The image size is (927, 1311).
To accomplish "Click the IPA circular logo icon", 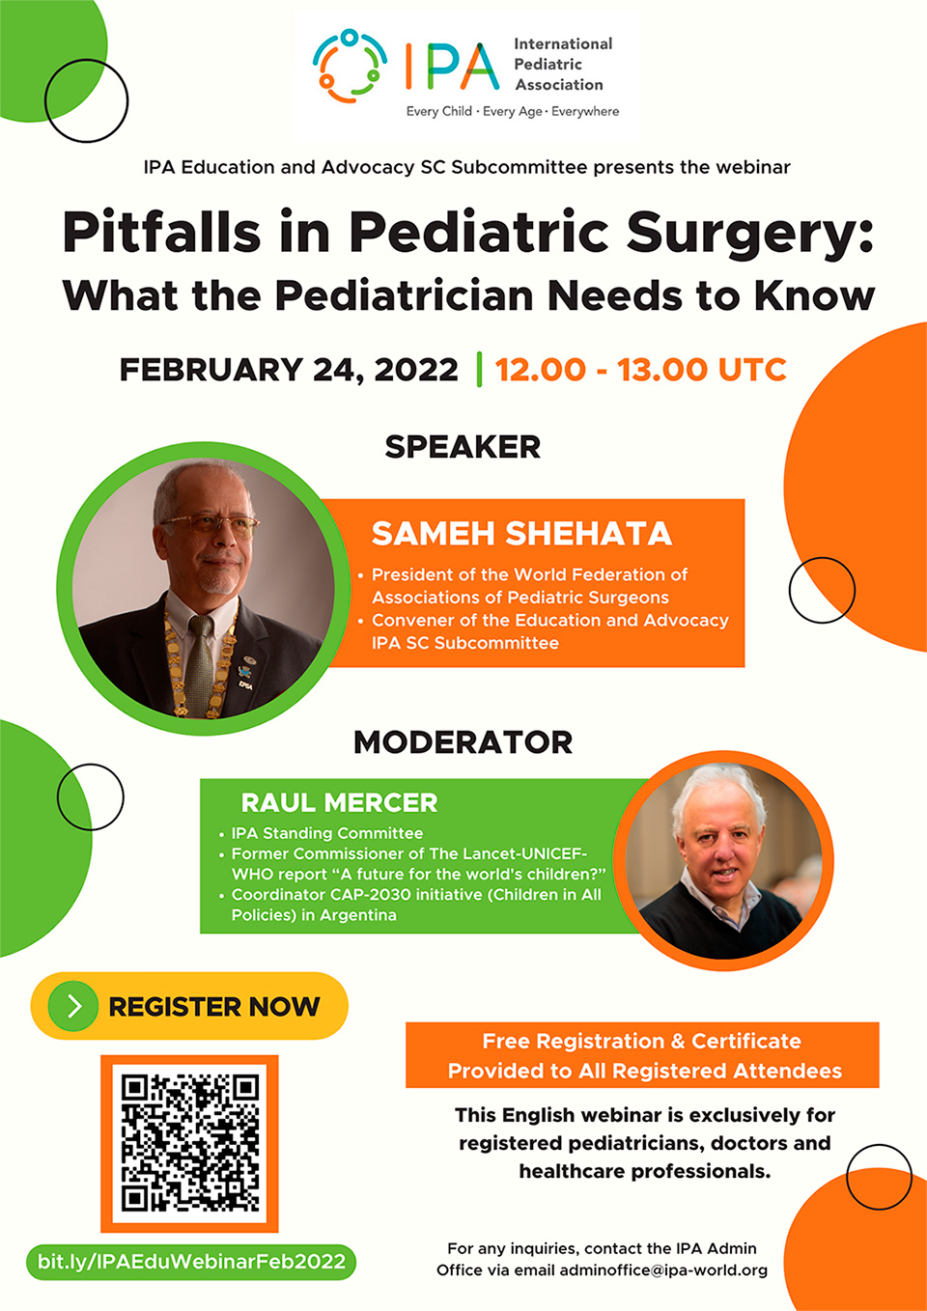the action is pos(350,67).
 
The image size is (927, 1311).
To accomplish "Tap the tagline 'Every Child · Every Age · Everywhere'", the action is pos(513,111).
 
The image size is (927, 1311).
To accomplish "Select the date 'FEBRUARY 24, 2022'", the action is pos(289,370).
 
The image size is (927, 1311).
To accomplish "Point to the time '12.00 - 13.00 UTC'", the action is pos(641,370).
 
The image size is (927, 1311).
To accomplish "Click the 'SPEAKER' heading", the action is pos(463,447).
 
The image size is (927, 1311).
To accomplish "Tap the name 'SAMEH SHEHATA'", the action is pos(521,534).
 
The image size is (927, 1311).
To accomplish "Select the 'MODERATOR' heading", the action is pos(463,742).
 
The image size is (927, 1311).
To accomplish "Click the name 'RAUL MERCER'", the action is pos(340,803).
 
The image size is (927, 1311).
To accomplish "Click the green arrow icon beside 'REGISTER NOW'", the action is pos(73,1006).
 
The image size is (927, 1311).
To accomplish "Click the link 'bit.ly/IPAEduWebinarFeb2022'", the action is pos(191,1261).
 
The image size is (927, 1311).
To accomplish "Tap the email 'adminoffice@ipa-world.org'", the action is pos(663,1270).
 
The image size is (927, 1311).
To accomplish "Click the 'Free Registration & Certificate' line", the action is pos(642,1042).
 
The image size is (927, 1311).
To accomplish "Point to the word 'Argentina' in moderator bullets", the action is pos(358,915).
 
